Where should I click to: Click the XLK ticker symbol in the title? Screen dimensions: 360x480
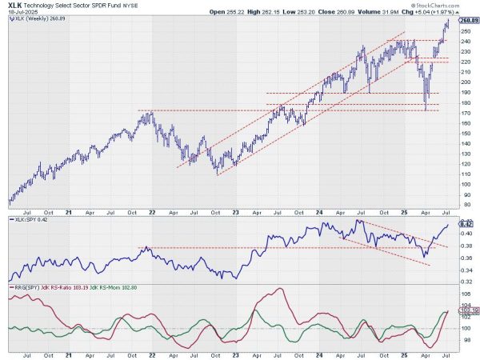point(14,5)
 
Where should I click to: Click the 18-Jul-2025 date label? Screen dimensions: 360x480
point(19,13)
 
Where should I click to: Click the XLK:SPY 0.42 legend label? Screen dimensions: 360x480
point(30,218)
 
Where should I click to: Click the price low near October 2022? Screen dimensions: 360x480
point(217,174)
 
